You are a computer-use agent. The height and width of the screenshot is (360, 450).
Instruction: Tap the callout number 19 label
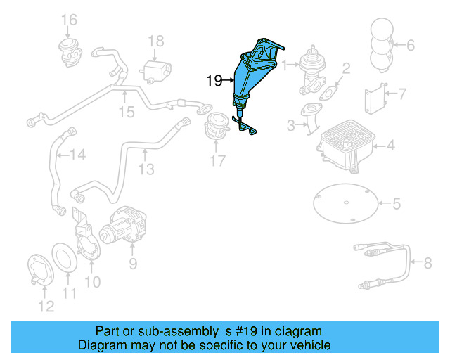pyautogui.click(x=214, y=81)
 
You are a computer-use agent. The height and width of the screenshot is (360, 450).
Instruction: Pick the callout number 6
pyautogui.click(x=411, y=45)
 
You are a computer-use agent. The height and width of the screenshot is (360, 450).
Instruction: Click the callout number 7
pyautogui.click(x=402, y=93)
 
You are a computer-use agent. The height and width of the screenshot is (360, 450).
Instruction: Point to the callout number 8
pyautogui.click(x=427, y=264)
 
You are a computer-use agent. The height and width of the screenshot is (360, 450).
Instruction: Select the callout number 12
pyautogui.click(x=44, y=306)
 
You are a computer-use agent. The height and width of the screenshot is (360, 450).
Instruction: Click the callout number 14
pyautogui.click(x=77, y=154)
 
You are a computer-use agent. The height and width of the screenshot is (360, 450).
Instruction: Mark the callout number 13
pyautogui.click(x=146, y=169)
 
